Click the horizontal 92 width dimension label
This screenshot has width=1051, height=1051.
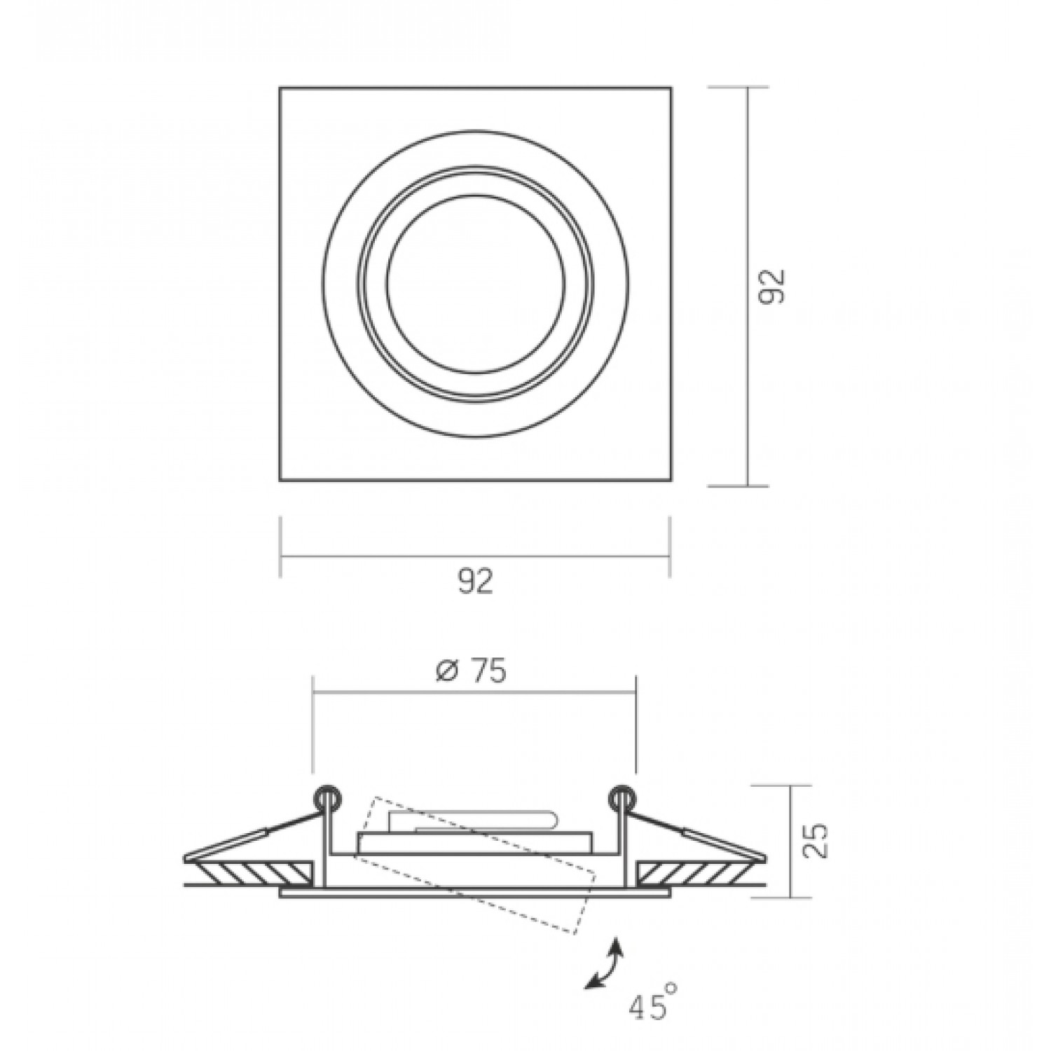(x=476, y=581)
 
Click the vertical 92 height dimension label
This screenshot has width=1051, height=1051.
(x=774, y=286)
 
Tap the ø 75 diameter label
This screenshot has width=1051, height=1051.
(x=470, y=671)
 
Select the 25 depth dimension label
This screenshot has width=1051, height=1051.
(x=816, y=841)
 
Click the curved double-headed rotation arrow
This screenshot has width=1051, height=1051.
(x=605, y=965)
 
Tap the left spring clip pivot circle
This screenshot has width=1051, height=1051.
(x=327, y=797)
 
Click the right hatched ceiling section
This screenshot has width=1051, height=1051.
(x=696, y=872)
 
